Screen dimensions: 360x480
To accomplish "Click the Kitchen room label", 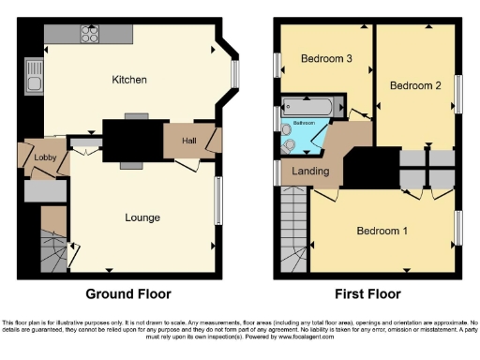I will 129,80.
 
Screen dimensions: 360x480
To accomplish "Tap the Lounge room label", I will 142,217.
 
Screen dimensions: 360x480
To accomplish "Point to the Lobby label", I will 45,157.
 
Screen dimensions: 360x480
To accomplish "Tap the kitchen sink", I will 35,85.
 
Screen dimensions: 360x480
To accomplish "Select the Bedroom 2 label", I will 415,86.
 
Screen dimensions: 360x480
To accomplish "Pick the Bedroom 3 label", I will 325,59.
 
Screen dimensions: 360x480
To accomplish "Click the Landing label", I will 310,171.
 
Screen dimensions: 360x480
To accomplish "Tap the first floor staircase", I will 292,247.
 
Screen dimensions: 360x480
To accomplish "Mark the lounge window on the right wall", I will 219,201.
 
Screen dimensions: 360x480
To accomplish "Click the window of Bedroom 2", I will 458,94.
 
